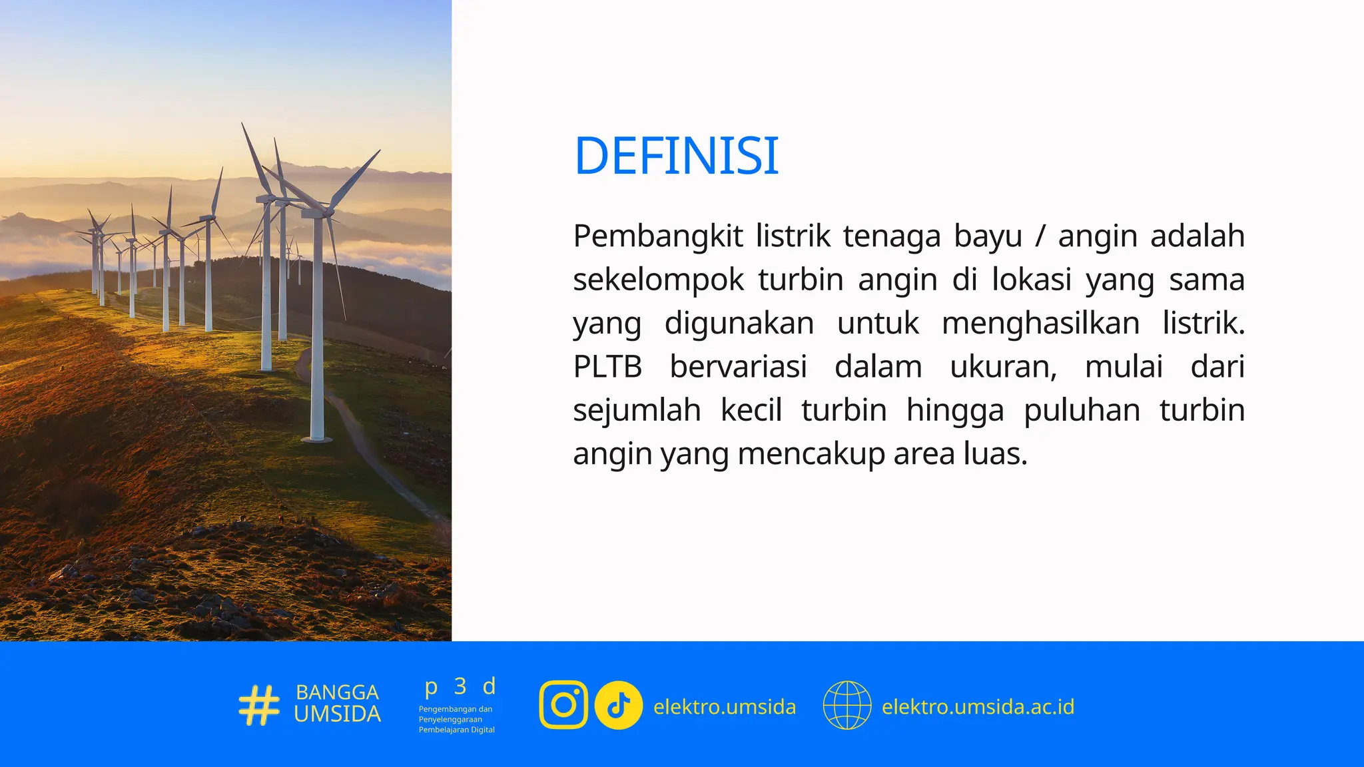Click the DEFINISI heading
pos(676,156)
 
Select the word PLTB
pos(607,367)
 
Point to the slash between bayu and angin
pos(1040,236)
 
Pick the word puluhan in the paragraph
pos(1082,411)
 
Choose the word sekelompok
pos(657,280)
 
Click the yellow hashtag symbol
pos(259,705)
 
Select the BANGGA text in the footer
pos(337,692)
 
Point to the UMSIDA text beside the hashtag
pos(337,714)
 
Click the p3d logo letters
pos(460,686)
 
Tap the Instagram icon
pos(563,705)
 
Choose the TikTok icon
pos(618,705)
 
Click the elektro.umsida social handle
pos(725,706)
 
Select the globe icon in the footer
pos(847,705)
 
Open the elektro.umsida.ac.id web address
pos(978,706)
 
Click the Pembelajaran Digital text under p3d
pos(456,730)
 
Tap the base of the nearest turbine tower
pos(317,438)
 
